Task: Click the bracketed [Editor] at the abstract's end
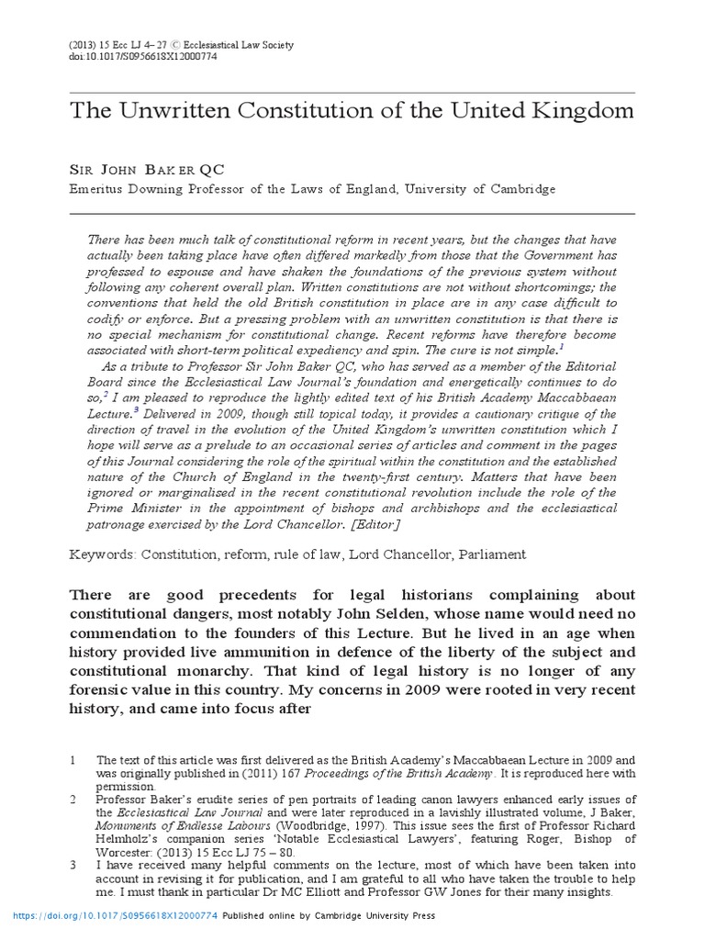tap(369, 523)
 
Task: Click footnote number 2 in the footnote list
tap(73, 800)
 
